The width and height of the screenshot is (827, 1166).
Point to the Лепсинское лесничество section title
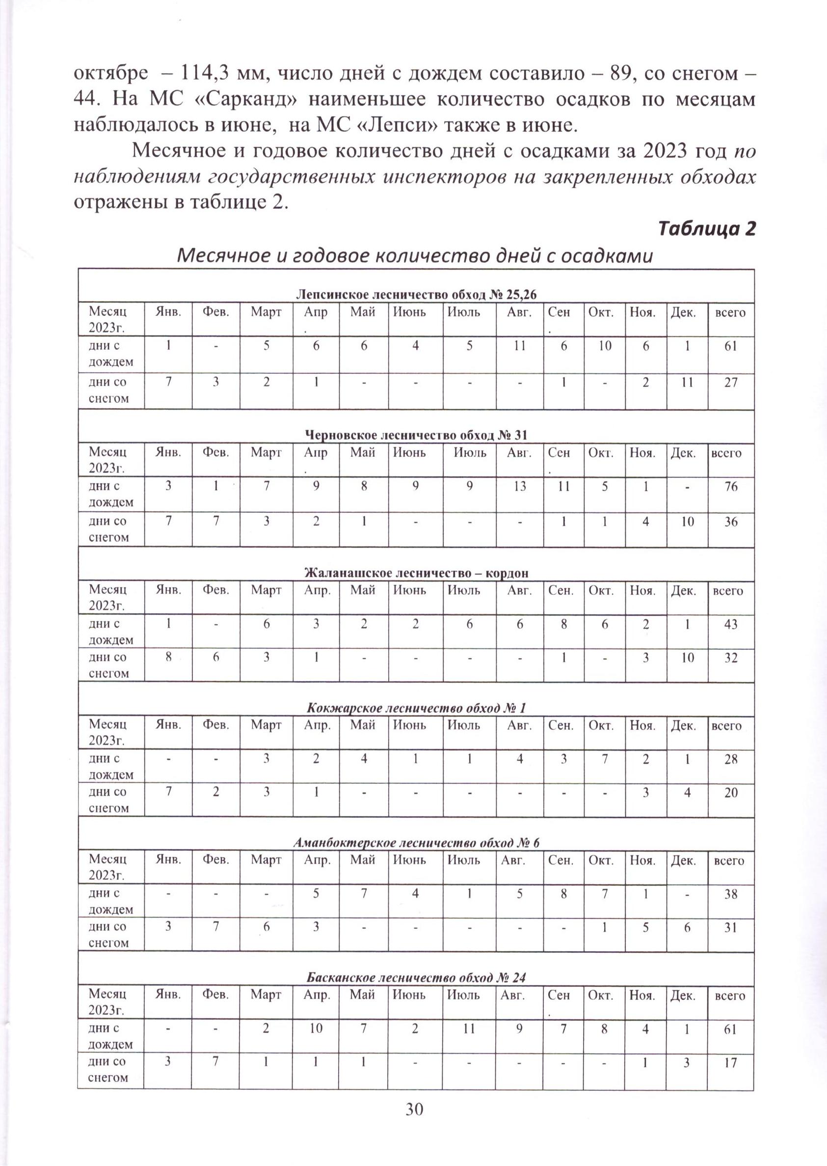(417, 294)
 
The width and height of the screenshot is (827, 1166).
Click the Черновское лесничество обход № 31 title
(416, 435)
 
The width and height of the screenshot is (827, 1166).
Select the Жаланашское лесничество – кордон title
(416, 573)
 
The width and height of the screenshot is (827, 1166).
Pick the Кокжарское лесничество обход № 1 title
(416, 708)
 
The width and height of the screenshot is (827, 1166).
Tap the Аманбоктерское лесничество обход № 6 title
(416, 843)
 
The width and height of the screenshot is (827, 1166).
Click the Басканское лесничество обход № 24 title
(416, 977)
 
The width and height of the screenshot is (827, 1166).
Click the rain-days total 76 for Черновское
(730, 486)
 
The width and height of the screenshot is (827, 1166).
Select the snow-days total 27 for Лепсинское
(730, 382)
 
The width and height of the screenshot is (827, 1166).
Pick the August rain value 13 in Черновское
(519, 486)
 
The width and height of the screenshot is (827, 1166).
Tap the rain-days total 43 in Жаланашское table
(730, 624)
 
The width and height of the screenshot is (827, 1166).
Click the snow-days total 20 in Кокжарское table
(730, 792)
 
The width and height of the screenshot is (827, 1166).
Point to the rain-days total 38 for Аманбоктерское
(730, 894)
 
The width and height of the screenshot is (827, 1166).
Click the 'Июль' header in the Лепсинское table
(463, 312)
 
